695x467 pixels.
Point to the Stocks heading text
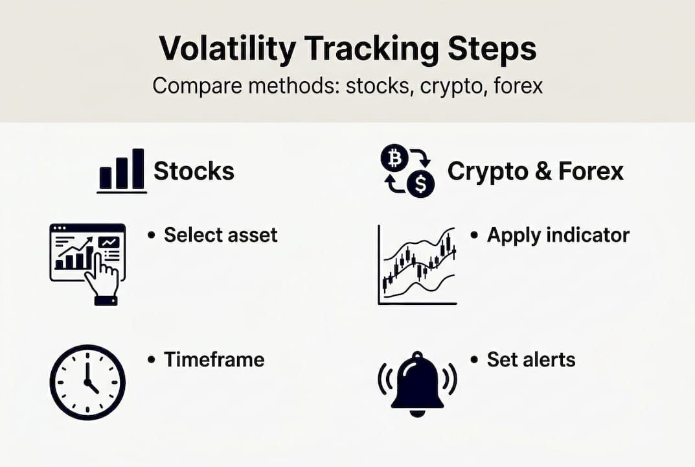point(194,171)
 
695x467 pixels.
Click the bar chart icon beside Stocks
point(122,171)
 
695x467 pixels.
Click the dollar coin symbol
point(421,184)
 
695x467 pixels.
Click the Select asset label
point(220,235)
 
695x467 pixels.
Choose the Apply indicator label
point(558,235)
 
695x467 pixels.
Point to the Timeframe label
point(214,359)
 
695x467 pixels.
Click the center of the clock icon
point(87,383)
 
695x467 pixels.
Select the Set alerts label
point(530,359)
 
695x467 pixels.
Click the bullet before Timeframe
point(152,360)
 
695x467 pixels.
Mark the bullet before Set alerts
point(475,360)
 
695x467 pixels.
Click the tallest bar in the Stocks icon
point(138,169)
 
